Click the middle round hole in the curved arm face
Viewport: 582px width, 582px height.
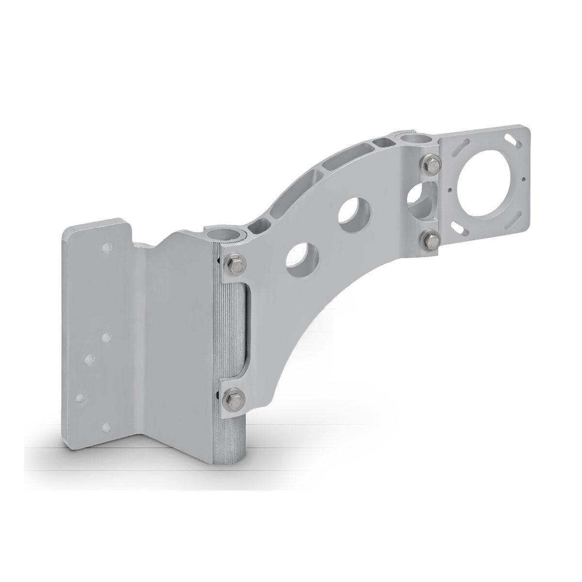pyautogui.click(x=355, y=215)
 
